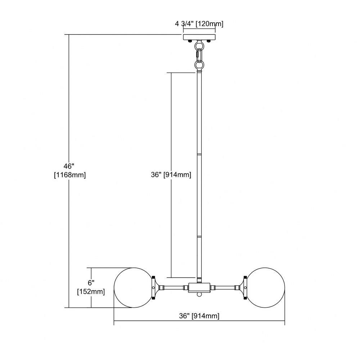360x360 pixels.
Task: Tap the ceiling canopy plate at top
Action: [199, 37]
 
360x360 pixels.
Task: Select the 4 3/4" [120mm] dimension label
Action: [199, 24]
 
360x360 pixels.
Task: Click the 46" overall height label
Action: [69, 166]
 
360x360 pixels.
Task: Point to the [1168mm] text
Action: [70, 175]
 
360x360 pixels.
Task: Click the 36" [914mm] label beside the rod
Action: [171, 175]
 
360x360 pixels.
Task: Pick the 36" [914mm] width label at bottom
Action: [199, 316]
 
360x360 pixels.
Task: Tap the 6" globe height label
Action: [91, 283]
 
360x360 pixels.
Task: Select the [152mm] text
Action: [91, 292]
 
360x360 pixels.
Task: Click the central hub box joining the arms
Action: [199, 287]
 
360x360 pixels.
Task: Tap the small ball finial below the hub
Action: [199, 294]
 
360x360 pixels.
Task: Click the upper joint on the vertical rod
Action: [199, 154]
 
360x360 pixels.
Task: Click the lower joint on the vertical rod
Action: [199, 236]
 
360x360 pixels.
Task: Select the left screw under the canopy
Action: [190, 41]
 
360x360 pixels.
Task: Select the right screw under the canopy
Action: [208, 41]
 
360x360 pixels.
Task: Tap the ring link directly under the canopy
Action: [199, 45]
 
